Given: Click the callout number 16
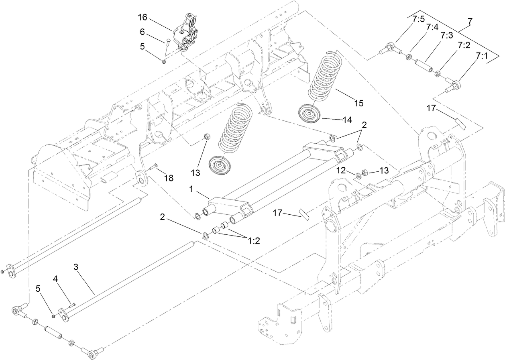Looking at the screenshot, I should [143, 18].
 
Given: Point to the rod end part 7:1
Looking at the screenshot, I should [454, 85].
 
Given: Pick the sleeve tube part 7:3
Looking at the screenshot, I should [424, 64].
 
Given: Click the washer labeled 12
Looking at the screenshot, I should [358, 176].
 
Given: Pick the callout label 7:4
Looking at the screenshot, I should [432, 27].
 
